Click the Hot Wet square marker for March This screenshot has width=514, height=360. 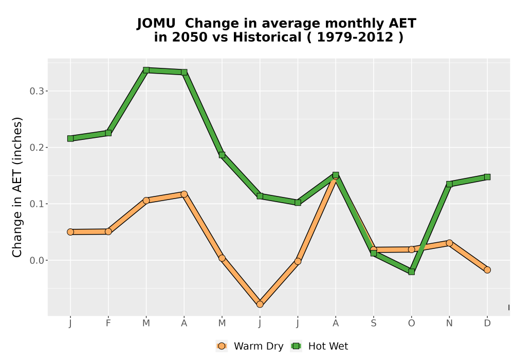click(146, 70)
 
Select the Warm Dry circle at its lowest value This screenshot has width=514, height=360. click(260, 304)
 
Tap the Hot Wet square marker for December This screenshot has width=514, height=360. click(487, 177)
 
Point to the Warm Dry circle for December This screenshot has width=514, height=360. click(487, 270)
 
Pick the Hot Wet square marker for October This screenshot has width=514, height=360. click(411, 272)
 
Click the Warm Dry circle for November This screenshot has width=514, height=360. click(449, 243)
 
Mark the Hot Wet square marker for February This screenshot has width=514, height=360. click(108, 133)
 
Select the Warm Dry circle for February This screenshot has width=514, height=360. click(108, 231)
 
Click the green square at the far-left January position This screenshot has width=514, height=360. click(70, 139)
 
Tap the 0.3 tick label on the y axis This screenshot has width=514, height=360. click(36, 91)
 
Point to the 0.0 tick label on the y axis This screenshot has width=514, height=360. click(36, 261)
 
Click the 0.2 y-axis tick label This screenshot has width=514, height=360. click(36, 148)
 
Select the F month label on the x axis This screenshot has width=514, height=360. click(108, 323)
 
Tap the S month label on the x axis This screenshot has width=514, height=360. click(373, 323)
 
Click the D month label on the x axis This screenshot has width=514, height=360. click(487, 323)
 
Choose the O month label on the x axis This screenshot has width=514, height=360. click(411, 323)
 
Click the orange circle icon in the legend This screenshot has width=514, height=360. click(222, 346)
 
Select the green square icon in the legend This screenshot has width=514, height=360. click(297, 346)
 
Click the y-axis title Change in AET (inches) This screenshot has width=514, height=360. click(17, 187)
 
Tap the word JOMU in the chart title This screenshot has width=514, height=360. click(156, 24)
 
